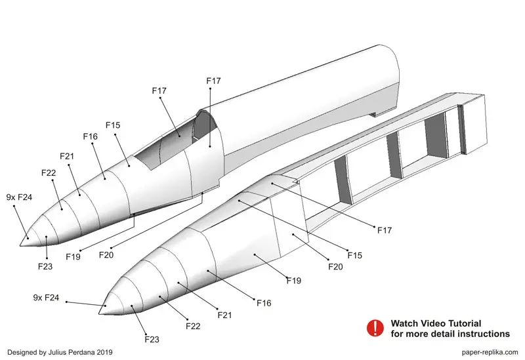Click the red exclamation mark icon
375,329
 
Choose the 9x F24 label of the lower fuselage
46,298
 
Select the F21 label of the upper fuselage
68,155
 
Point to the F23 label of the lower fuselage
152,339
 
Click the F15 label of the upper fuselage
114,125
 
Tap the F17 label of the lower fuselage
385,230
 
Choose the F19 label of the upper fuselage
73,256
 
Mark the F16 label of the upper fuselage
91,136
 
